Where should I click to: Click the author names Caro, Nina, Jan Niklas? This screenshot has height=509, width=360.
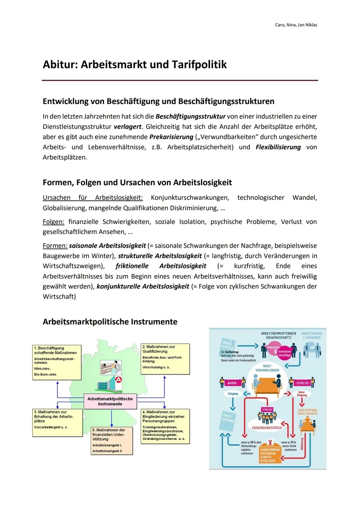[296, 25]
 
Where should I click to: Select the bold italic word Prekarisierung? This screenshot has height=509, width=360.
[171, 137]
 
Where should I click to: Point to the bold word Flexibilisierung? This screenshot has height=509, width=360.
[278, 147]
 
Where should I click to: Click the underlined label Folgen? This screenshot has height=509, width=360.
[53, 222]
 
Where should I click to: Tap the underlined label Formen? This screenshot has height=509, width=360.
[55, 246]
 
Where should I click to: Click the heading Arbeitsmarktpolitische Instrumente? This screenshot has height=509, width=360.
[110, 322]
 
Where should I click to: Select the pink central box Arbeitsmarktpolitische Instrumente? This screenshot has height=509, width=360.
[110, 401]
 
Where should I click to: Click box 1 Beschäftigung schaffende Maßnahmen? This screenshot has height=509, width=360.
[57, 362]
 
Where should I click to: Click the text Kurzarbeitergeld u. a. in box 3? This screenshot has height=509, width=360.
[51, 427]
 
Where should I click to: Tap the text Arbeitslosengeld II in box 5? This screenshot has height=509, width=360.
[107, 451]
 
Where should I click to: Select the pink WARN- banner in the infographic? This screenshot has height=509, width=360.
[232, 383]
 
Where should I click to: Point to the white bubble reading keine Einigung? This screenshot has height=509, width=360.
[302, 394]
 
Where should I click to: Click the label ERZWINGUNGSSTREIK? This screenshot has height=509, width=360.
[267, 428]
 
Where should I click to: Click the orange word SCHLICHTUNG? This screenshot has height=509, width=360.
[307, 410]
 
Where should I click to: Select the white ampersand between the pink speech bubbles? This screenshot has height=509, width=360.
[276, 351]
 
